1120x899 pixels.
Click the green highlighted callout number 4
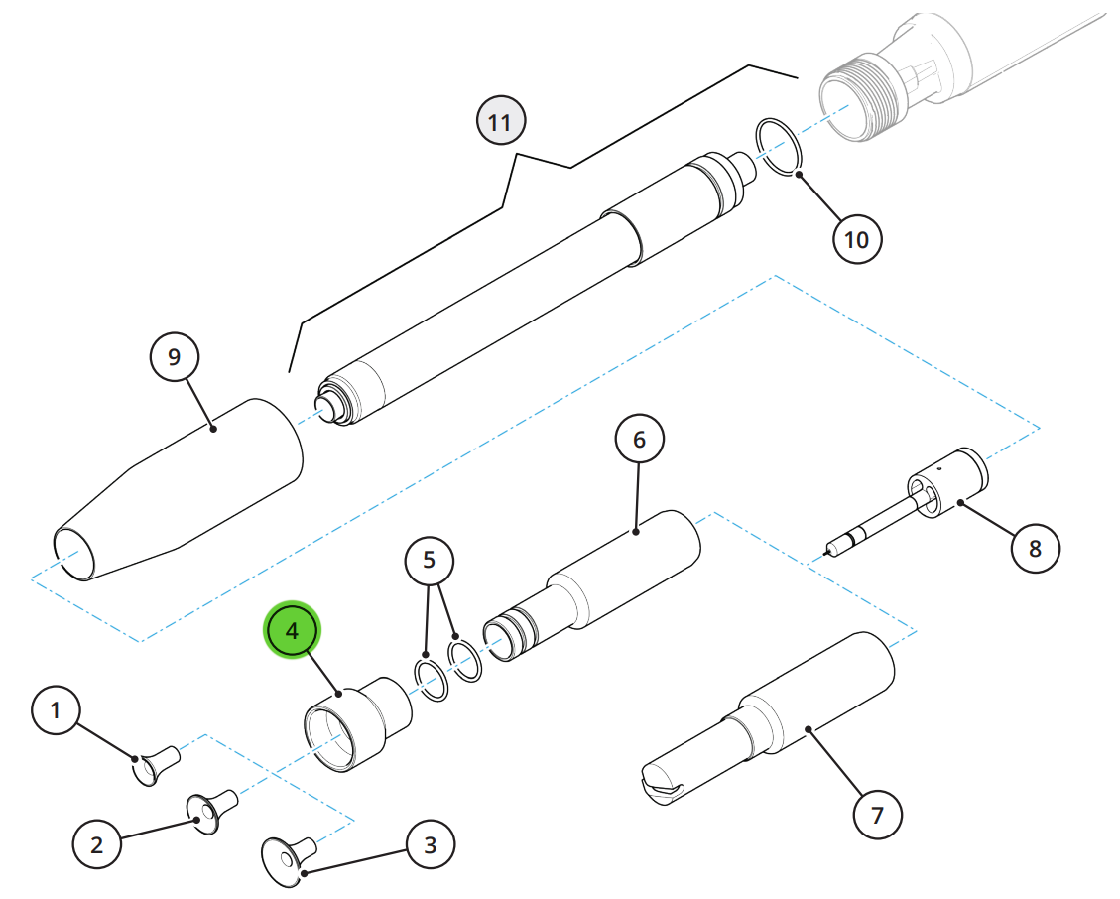(292, 630)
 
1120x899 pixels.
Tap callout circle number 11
(501, 121)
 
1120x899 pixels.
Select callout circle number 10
(857, 239)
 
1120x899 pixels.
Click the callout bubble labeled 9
(175, 356)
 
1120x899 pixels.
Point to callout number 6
(639, 439)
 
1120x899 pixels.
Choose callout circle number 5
(430, 560)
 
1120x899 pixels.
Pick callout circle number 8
(1035, 548)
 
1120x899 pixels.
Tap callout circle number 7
(878, 815)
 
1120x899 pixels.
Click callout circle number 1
(56, 710)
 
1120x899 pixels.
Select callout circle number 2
(97, 844)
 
